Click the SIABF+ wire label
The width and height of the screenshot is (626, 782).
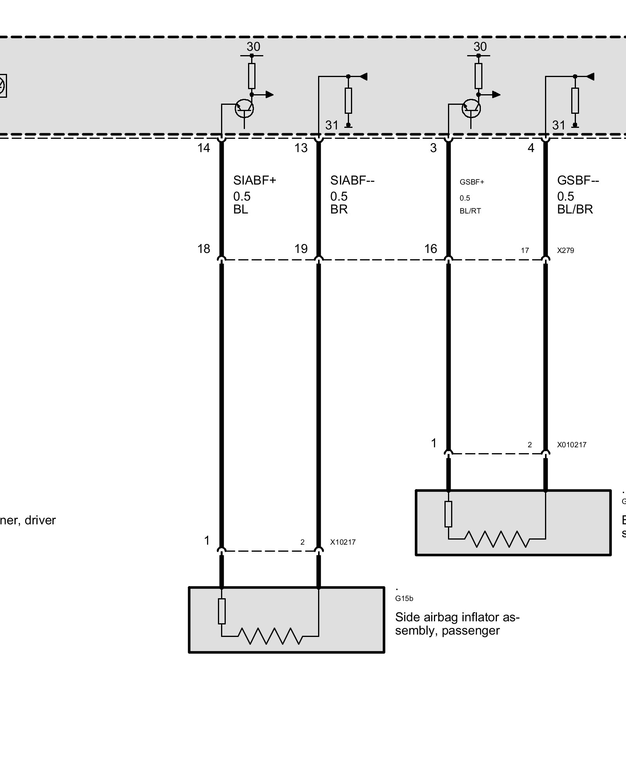pos(255,180)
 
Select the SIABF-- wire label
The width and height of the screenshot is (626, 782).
pos(352,180)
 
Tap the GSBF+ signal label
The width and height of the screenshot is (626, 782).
pos(472,182)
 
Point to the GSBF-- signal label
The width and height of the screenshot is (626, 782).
pos(578,180)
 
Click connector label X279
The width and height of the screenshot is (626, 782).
pos(565,250)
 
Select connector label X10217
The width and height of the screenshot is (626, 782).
pos(343,542)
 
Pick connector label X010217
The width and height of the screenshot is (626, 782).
pos(572,445)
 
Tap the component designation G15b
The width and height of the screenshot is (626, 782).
pos(404,599)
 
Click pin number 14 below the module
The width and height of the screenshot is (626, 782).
pos(204,148)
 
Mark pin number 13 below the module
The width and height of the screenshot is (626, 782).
pos(301,148)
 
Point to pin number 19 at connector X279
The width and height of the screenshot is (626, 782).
pos(301,249)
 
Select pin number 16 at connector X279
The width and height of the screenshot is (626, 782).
pos(431,249)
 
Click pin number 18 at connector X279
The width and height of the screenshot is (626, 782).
pos(204,249)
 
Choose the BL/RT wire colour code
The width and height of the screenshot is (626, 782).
pos(470,211)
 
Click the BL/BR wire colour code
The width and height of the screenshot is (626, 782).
pos(575,210)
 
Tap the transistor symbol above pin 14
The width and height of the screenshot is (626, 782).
pos(244,109)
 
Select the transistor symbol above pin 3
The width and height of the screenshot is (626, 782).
pos(471,109)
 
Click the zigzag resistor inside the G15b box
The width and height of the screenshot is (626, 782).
pos(270,636)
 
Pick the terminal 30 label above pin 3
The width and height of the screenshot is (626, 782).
pos(480,47)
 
